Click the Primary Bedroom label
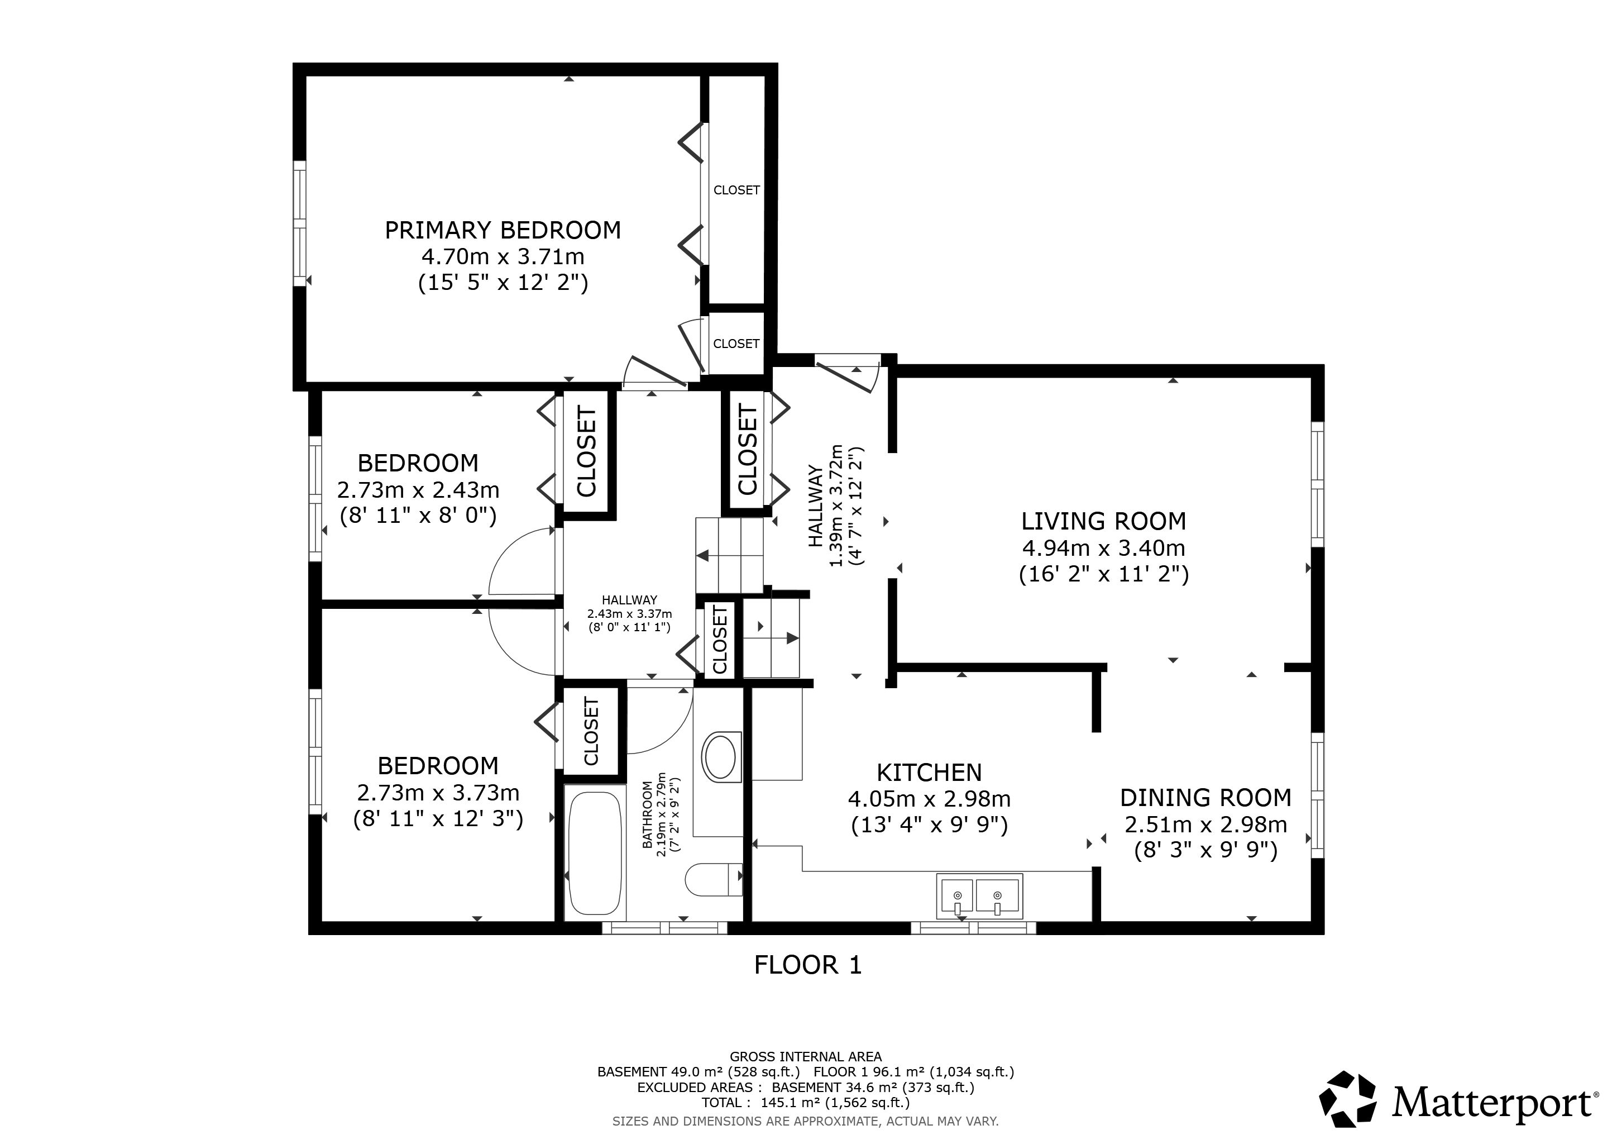[503, 230]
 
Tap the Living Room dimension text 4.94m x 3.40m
[1103, 547]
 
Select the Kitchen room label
[929, 773]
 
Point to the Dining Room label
[1205, 798]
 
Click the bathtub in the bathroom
[595, 852]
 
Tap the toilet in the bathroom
[714, 879]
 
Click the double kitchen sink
[979, 897]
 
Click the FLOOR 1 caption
[808, 965]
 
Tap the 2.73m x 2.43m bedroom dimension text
[418, 489]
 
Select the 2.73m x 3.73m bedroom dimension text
[438, 793]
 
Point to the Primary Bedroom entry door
[655, 372]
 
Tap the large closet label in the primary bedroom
[736, 190]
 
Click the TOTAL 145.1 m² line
[806, 1103]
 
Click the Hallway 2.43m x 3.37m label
[630, 613]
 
